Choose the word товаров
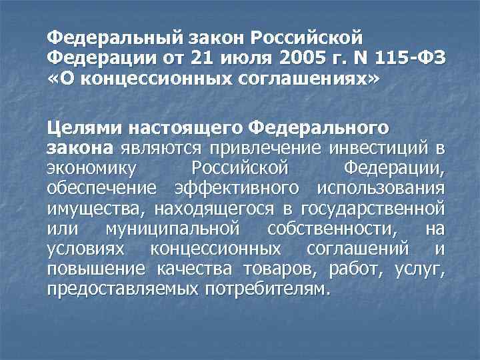(x=281, y=271)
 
